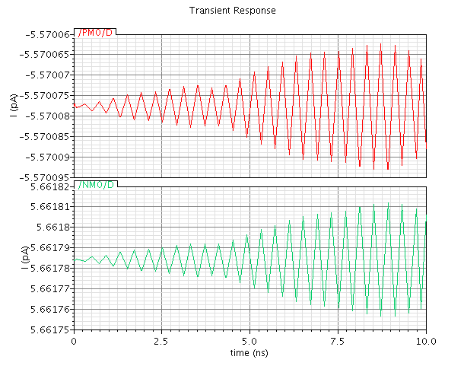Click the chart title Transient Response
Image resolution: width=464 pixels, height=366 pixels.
[232, 11]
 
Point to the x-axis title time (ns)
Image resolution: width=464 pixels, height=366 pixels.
[249, 353]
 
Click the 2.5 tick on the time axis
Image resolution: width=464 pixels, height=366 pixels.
[161, 342]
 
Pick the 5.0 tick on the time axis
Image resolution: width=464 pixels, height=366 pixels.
[249, 342]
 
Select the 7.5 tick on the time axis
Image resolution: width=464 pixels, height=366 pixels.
[338, 342]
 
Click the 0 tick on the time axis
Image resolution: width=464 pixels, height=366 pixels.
[73, 342]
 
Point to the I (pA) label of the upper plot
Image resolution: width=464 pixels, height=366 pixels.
[14, 107]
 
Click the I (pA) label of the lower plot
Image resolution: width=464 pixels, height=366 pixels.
[14, 259]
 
